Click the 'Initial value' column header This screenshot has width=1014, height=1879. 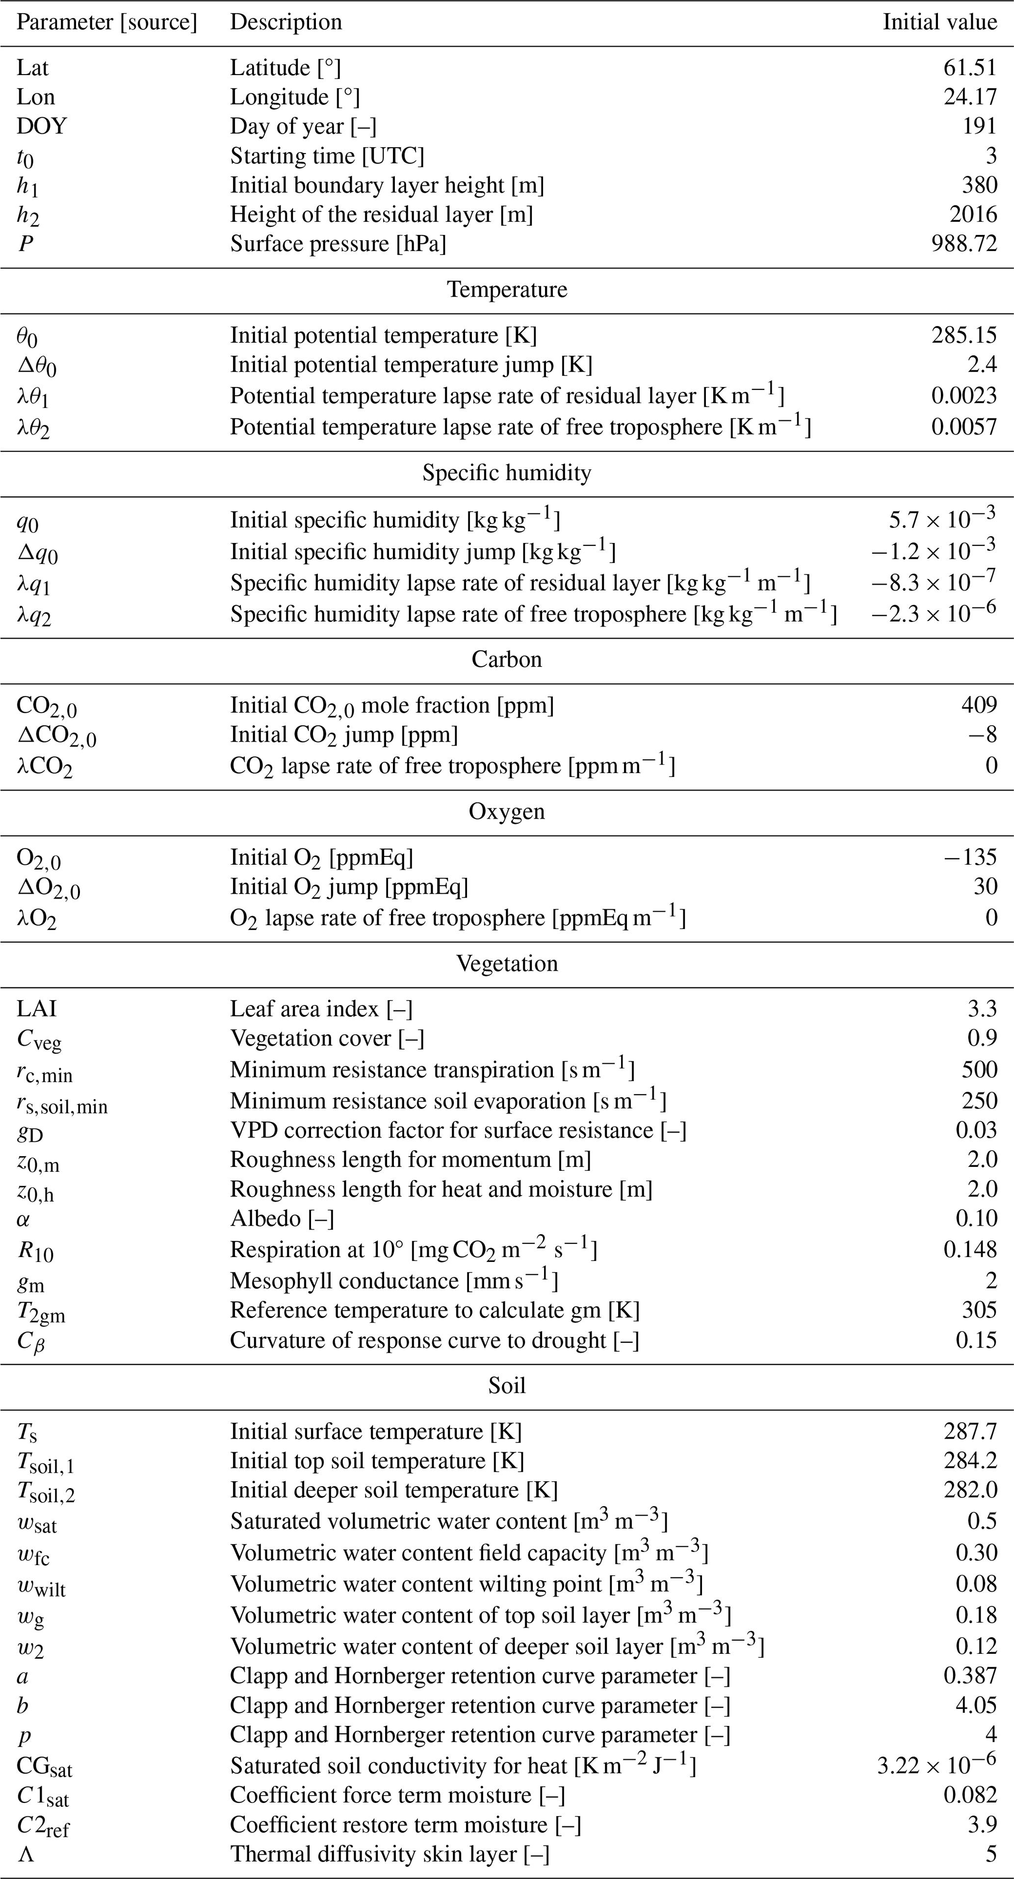pyautogui.click(x=939, y=22)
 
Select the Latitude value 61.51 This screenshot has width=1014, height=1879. pyautogui.click(x=969, y=68)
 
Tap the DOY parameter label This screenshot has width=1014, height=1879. pyautogui.click(x=42, y=126)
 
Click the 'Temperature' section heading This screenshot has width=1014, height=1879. pyautogui.click(x=507, y=289)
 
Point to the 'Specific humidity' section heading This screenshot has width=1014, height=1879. pyautogui.click(x=507, y=473)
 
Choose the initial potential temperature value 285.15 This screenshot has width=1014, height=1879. pyautogui.click(x=963, y=335)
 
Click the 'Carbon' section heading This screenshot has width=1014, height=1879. pyautogui.click(x=507, y=659)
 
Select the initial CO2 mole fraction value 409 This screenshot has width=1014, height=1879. pyautogui.click(x=979, y=705)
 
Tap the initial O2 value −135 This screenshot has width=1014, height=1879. pyautogui.click(x=970, y=857)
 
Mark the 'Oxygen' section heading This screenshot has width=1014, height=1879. pyautogui.click(x=507, y=812)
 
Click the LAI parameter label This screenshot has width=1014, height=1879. pyautogui.click(x=36, y=1009)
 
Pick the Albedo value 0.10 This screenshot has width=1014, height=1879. pyautogui.click(x=976, y=1219)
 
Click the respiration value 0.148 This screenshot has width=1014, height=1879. pyautogui.click(x=970, y=1250)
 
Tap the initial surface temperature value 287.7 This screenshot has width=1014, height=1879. pyautogui.click(x=970, y=1431)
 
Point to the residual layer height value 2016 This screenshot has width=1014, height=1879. pyautogui.click(x=973, y=214)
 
